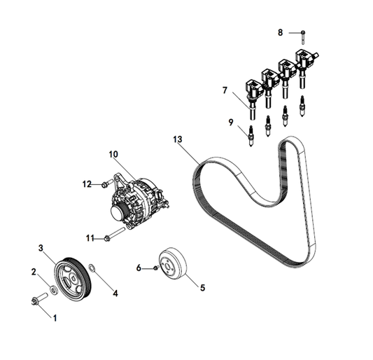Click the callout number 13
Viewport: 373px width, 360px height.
[x=178, y=139]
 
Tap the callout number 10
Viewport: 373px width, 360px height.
[x=113, y=154]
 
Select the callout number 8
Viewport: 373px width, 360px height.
[x=281, y=32]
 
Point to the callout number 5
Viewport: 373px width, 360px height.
[x=202, y=288]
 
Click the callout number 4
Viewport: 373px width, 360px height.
[x=115, y=293]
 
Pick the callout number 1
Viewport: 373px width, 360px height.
[x=55, y=318]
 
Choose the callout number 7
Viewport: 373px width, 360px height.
[x=225, y=90]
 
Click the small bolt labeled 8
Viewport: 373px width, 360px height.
[x=303, y=37]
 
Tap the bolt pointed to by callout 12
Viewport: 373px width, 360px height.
[x=107, y=184]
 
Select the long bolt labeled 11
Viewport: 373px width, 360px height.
[x=115, y=234]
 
